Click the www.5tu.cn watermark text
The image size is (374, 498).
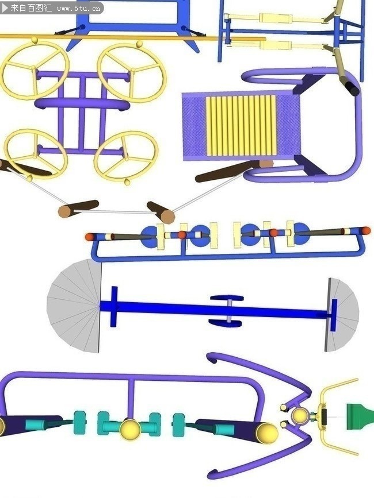(x=79, y=9)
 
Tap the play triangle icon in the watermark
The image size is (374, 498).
(x=5, y=8)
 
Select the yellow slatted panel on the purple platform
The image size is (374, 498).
(x=241, y=126)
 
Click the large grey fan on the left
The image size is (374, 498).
(x=74, y=306)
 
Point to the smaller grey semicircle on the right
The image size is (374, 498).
(x=342, y=314)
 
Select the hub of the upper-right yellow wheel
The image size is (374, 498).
(x=132, y=71)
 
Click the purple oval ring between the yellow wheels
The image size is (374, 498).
(x=82, y=104)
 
